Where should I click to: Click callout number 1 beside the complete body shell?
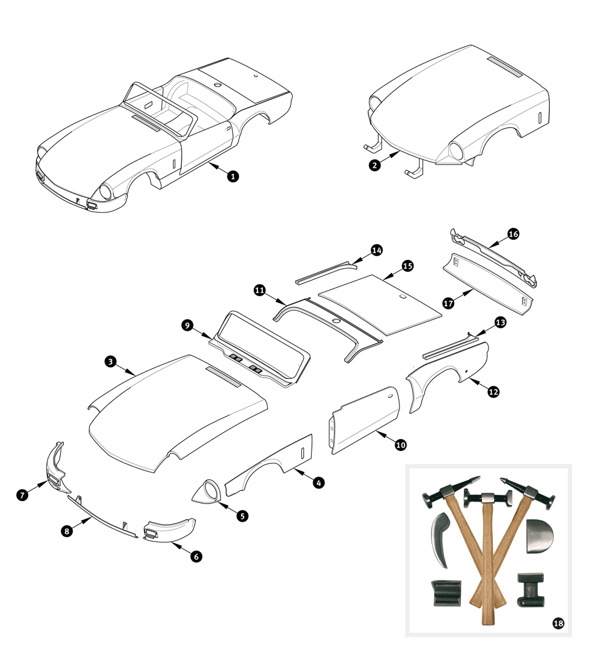232,177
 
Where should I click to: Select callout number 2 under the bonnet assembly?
375,166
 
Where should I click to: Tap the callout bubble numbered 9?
187,325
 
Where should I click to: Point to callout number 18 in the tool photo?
557,623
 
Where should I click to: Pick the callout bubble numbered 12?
494,391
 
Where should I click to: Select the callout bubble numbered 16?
514,234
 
